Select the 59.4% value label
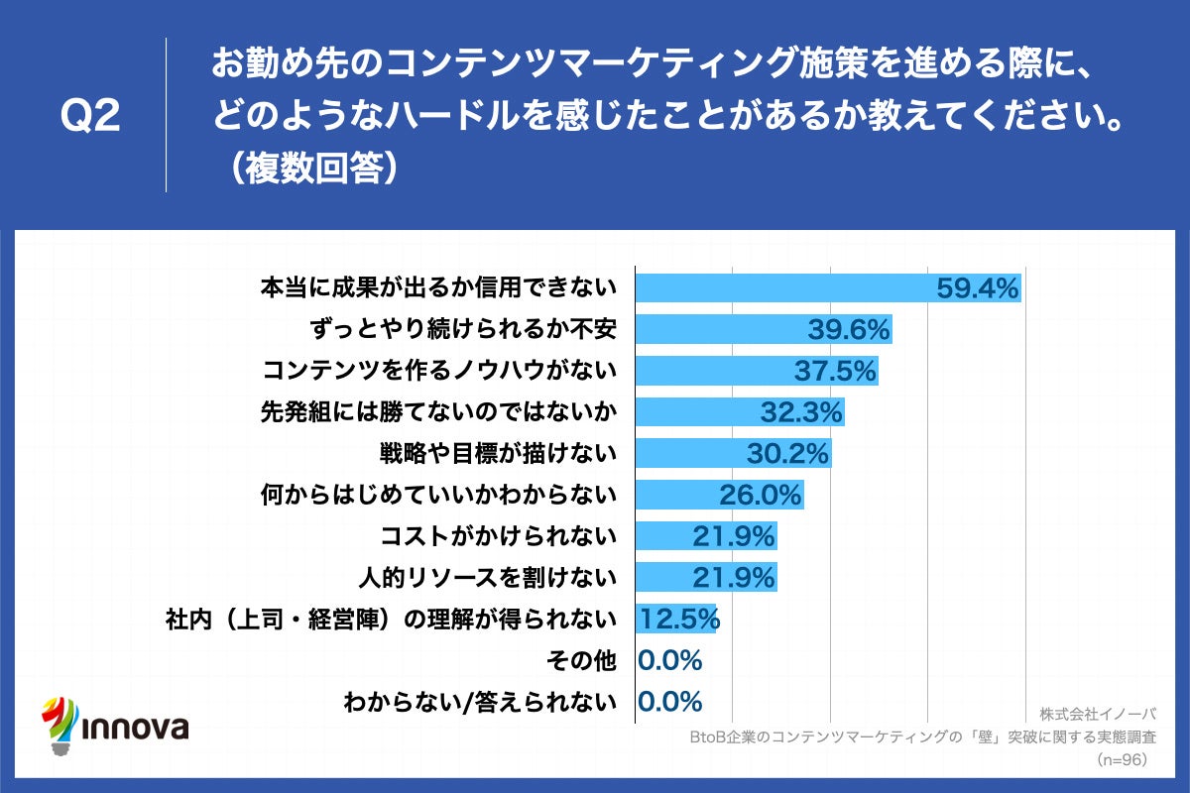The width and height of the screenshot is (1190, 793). [x=978, y=288]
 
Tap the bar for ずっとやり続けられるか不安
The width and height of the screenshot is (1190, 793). [x=764, y=330]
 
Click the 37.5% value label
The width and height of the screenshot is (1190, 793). [x=835, y=371]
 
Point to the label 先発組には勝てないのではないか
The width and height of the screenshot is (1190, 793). [x=438, y=411]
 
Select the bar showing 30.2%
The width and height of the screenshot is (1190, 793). [x=733, y=453]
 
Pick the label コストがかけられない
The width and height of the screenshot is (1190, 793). [x=499, y=536]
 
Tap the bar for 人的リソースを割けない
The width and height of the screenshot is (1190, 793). [x=705, y=577]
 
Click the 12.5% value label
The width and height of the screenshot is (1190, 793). [x=678, y=619]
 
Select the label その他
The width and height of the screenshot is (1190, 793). [x=581, y=660]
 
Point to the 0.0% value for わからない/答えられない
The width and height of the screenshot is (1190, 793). [x=670, y=702]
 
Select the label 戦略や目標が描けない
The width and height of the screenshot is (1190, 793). [x=499, y=453]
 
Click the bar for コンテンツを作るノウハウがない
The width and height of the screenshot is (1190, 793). [x=757, y=371]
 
